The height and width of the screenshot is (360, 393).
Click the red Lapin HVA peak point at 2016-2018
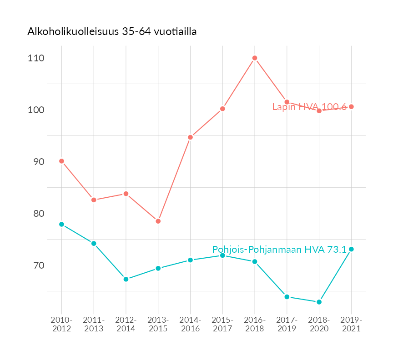(255, 58)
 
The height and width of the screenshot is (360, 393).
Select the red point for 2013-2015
(158, 221)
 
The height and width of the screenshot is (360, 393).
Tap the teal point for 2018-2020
(319, 302)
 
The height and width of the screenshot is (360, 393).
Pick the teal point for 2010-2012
(61, 225)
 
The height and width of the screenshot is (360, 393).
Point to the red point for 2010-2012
(61, 161)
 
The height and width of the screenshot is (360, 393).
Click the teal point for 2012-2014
(126, 279)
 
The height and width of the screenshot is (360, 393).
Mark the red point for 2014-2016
(191, 137)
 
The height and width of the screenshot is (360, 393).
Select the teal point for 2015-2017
(222, 255)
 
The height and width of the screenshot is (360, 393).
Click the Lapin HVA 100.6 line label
(309, 107)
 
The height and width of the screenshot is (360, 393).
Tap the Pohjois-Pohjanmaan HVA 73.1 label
(279, 250)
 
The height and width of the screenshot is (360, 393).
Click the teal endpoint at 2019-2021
(351, 249)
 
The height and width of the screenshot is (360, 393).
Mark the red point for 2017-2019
(287, 102)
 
